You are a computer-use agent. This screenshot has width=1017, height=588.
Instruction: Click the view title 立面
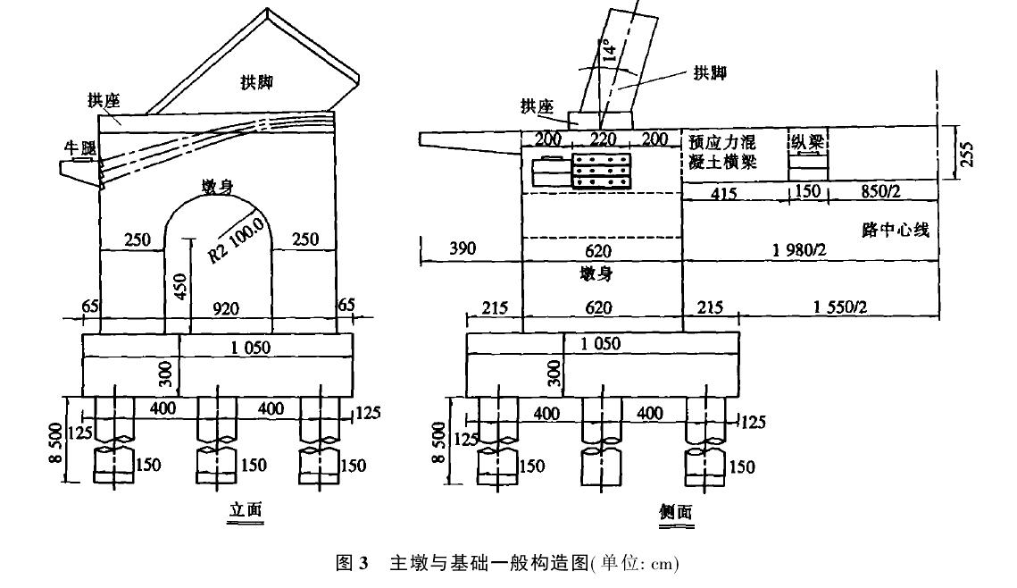coord(246,510)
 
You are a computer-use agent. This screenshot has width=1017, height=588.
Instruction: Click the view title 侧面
coord(675,512)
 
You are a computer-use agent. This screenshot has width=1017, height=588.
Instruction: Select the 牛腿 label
coord(79,148)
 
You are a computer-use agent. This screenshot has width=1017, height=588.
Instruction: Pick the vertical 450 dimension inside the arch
coord(179,286)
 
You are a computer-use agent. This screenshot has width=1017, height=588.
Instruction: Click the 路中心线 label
coord(896,231)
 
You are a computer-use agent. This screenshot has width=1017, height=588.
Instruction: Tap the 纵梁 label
coord(806,141)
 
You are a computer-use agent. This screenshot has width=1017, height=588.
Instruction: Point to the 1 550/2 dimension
coord(839,307)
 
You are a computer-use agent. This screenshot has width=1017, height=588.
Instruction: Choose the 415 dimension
coord(724,191)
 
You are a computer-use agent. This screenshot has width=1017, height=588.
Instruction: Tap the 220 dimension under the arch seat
coord(604,139)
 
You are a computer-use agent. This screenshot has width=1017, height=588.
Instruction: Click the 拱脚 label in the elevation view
coord(256,82)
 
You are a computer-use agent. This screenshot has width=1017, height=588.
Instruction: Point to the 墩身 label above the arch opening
coord(219,185)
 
